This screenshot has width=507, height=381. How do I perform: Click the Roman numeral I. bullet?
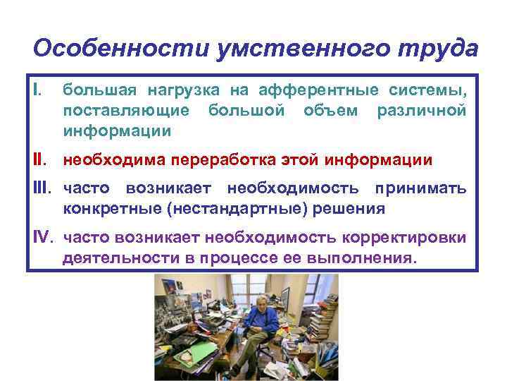38,90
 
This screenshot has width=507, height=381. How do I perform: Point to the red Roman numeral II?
42,160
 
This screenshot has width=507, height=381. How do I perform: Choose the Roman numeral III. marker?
44,188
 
